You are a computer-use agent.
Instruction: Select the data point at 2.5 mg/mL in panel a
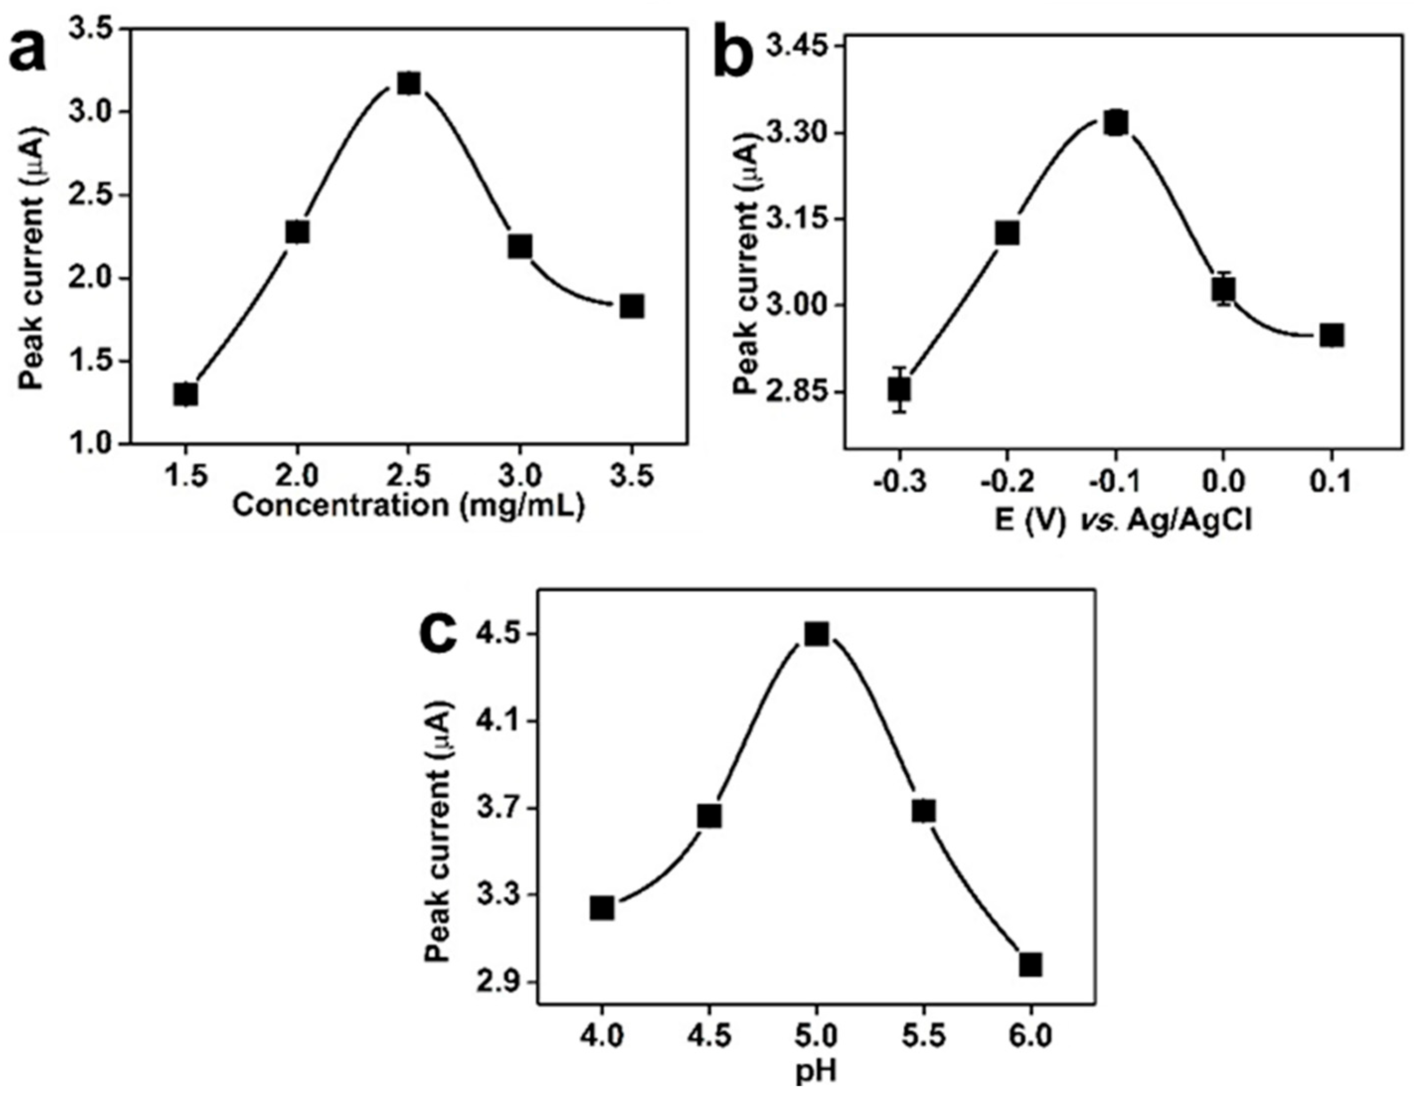408,83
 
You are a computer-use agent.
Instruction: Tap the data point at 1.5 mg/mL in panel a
186,393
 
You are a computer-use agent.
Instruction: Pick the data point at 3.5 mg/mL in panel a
632,307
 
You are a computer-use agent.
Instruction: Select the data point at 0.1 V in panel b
1332,335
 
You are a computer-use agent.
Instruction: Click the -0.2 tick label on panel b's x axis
1007,482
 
